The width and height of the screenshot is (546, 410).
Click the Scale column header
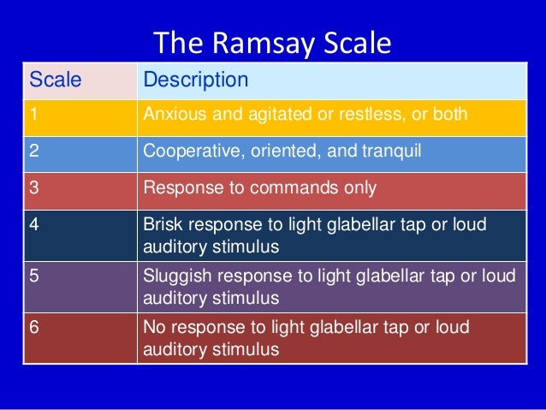[x=56, y=80]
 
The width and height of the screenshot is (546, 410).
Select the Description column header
[x=196, y=80]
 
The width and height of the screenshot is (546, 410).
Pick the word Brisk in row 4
[x=163, y=224]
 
